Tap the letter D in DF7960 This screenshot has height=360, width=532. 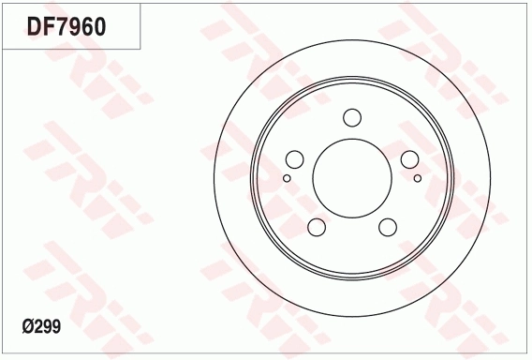(35, 26)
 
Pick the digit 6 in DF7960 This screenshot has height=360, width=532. (84, 26)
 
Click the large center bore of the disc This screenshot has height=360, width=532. (352, 179)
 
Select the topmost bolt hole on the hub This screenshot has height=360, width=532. (352, 117)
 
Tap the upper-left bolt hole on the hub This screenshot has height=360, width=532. (293, 159)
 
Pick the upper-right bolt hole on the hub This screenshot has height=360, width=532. (410, 159)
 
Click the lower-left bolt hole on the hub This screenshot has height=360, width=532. (316, 228)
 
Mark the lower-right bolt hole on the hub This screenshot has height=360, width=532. (388, 228)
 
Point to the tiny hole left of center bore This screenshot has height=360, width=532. (287, 177)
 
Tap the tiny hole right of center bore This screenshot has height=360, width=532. (418, 177)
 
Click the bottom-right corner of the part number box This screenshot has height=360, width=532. (141, 49)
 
